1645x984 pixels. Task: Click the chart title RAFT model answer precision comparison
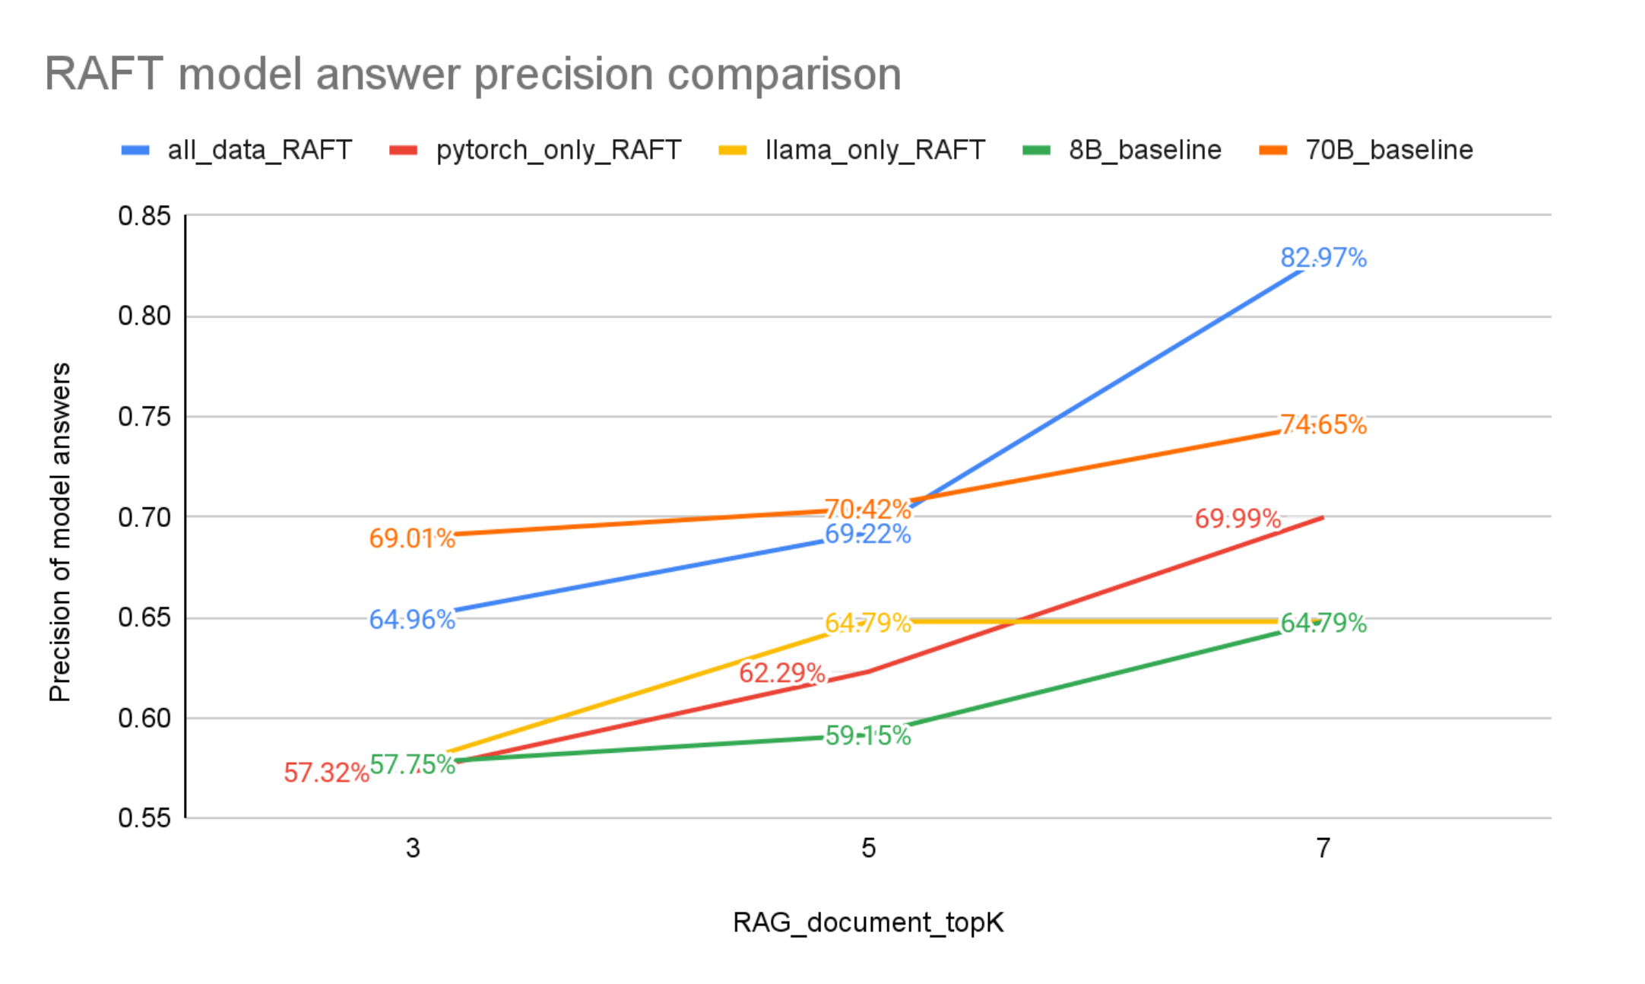point(473,75)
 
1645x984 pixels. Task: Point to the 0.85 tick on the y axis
point(144,216)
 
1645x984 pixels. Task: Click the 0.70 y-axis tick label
point(144,517)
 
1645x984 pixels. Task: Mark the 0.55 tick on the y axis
point(144,818)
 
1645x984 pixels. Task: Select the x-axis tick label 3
point(413,848)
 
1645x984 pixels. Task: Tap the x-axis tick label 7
point(1323,848)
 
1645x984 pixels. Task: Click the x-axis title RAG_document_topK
point(868,922)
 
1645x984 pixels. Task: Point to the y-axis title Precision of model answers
point(59,532)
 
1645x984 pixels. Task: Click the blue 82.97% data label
point(1323,258)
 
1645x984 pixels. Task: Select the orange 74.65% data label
point(1323,424)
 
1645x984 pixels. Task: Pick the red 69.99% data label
point(1238,519)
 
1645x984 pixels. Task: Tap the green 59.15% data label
point(868,735)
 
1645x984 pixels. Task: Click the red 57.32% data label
point(326,773)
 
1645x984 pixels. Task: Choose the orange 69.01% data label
point(412,538)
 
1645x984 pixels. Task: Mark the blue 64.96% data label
point(412,620)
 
